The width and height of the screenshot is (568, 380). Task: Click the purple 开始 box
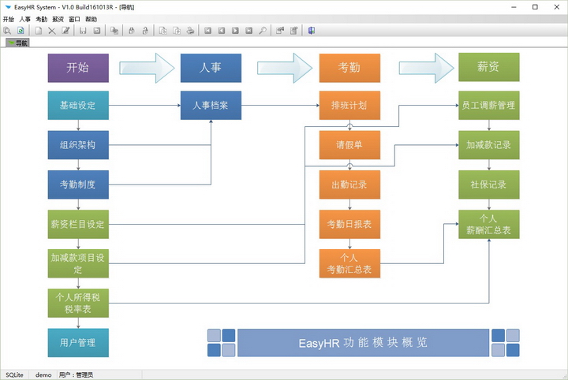pyautogui.click(x=78, y=68)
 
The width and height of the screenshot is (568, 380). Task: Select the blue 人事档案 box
pyautogui.click(x=211, y=105)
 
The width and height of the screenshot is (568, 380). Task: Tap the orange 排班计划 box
pyautogui.click(x=349, y=105)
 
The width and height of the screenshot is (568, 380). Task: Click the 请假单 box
pyautogui.click(x=349, y=145)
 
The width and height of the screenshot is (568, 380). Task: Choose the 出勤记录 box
pyautogui.click(x=349, y=184)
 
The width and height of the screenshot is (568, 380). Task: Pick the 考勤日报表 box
pyautogui.click(x=349, y=224)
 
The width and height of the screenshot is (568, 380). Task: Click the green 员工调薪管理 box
pyautogui.click(x=489, y=105)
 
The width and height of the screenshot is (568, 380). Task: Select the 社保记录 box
pyautogui.click(x=489, y=184)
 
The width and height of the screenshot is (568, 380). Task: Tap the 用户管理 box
pyautogui.click(x=78, y=343)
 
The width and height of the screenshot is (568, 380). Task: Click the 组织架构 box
pyautogui.click(x=78, y=145)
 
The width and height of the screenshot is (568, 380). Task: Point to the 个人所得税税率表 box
pyautogui.click(x=78, y=304)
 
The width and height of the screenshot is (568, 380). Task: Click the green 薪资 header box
pyautogui.click(x=489, y=68)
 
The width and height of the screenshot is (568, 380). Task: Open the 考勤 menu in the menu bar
pyautogui.click(x=41, y=19)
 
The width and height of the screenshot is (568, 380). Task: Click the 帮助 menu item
pyautogui.click(x=92, y=19)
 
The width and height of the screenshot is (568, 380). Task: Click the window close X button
pyautogui.click(x=555, y=6)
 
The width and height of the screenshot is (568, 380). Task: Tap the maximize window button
pyautogui.click(x=535, y=6)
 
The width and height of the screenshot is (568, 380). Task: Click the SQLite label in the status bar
pyautogui.click(x=15, y=374)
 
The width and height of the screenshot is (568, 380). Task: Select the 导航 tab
pyautogui.click(x=18, y=43)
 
